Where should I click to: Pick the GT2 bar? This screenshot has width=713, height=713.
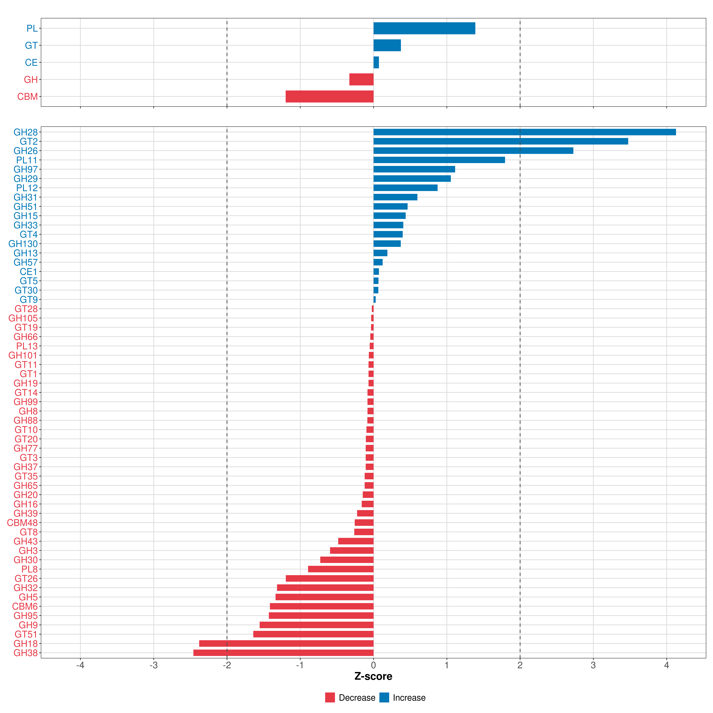(x=500, y=141)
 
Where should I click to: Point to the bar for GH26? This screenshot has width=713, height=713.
(x=473, y=151)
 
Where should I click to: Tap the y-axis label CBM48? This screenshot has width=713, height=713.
(x=22, y=523)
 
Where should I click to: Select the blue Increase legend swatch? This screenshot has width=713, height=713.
(x=384, y=698)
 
